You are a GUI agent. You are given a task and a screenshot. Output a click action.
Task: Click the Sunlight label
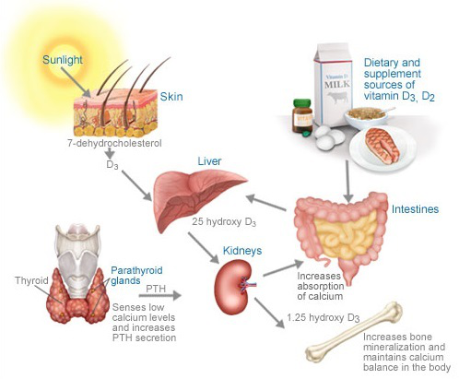click(x=63, y=60)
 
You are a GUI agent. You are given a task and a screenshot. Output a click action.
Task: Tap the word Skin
click(x=171, y=97)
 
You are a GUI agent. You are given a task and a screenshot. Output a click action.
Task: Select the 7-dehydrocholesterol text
click(x=114, y=143)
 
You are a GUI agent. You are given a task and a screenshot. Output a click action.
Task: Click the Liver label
click(x=209, y=161)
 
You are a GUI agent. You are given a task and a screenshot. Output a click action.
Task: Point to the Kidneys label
click(x=242, y=251)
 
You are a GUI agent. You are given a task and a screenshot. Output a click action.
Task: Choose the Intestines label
click(x=415, y=209)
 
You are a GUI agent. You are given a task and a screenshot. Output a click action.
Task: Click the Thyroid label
click(x=31, y=280)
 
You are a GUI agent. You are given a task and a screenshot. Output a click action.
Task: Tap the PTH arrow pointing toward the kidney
click(x=159, y=295)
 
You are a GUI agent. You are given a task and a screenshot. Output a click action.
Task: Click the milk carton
click(x=333, y=85)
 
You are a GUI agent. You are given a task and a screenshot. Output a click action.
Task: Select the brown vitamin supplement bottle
click(x=302, y=116)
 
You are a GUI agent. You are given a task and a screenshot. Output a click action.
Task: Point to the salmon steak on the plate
click(x=382, y=145)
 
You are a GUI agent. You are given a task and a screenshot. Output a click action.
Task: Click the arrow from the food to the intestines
click(x=347, y=181)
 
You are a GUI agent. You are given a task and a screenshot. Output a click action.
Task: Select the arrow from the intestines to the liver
click(x=266, y=203)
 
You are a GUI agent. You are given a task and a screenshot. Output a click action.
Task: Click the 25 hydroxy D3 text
click(x=224, y=222)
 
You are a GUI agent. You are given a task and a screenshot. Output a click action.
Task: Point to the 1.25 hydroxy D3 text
click(x=324, y=318)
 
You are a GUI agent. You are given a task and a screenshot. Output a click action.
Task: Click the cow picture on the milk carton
click(x=337, y=97)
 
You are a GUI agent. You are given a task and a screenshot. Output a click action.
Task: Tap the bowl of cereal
click(x=366, y=116)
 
